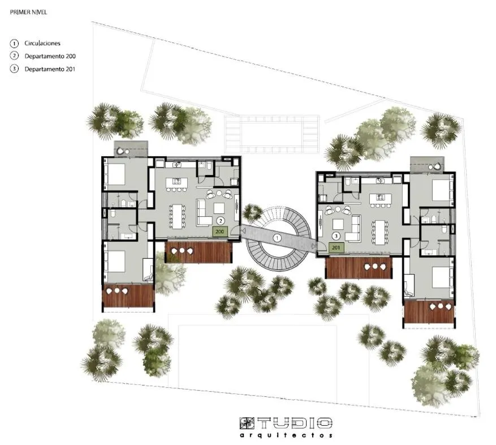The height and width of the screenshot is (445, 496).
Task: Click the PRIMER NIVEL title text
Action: tap(28, 11)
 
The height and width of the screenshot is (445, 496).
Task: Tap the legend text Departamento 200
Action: tap(50, 56)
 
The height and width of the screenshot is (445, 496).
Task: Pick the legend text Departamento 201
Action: tap(50, 69)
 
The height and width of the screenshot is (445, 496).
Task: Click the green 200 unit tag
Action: tap(219, 232)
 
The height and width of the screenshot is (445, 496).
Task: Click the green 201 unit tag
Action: tap(336, 247)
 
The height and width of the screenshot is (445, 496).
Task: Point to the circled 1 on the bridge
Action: tap(277, 238)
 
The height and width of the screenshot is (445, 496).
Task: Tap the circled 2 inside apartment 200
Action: tap(221, 220)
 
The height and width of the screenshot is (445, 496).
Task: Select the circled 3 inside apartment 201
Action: tap(337, 236)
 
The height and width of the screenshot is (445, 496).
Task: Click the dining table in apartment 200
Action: tap(179, 215)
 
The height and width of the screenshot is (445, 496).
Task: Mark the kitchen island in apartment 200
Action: tap(177, 182)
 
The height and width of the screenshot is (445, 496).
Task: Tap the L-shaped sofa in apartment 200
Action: tap(202, 212)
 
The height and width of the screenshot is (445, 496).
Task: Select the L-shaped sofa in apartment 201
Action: tap(354, 227)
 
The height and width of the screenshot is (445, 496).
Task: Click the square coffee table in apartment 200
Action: tap(219, 207)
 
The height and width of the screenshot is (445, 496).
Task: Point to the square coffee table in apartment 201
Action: tap(338, 222)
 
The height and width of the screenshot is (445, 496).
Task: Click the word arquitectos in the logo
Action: tap(286, 435)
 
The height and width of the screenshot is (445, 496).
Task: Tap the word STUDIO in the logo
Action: tap(286, 423)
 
